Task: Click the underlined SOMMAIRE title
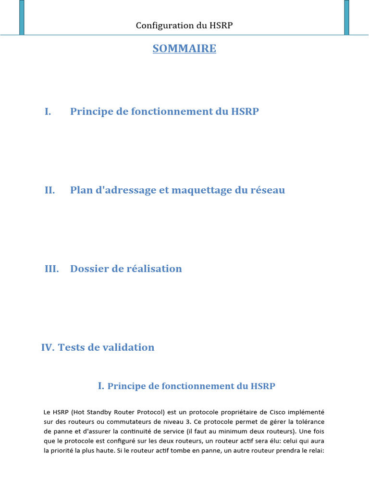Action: click(184, 49)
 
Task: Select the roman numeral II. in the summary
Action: click(50, 190)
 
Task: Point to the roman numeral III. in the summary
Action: click(51, 269)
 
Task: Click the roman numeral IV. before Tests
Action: click(48, 347)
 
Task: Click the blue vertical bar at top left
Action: click(22, 17)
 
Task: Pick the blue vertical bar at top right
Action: click(347, 17)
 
